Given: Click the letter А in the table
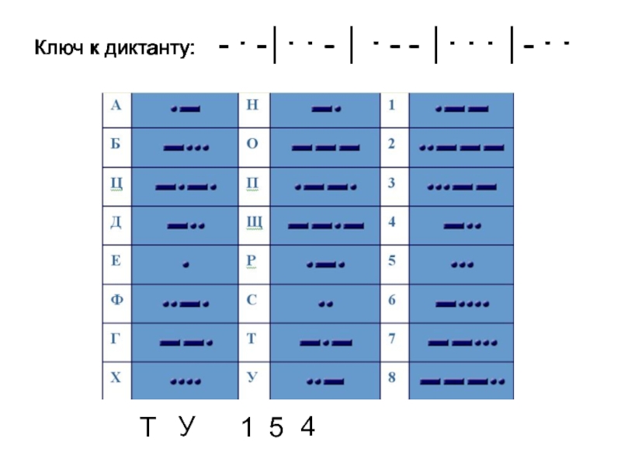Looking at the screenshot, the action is tap(115, 106).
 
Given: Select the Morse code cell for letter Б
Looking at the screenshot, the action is tap(186, 146).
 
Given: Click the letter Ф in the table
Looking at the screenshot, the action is tap(115, 300).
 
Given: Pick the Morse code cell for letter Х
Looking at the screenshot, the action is tap(186, 381).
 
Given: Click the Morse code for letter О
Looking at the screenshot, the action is tap(325, 147).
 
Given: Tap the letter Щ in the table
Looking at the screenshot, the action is tap(254, 224).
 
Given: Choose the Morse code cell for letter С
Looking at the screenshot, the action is tap(325, 303).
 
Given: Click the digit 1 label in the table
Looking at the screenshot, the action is tap(392, 105).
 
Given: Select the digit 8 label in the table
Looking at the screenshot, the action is tap(392, 378).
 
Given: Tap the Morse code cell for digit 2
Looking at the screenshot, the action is tap(462, 147).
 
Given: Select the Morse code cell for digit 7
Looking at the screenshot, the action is tap(462, 342).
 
